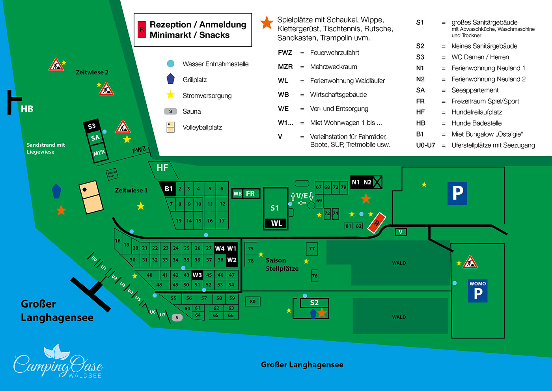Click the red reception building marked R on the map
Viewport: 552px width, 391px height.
coord(377,223)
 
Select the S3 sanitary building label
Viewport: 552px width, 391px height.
coord(91,126)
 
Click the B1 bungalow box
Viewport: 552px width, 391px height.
coord(168,189)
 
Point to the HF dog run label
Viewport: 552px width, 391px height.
coord(162,168)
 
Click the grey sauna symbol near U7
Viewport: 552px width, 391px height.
coord(177,318)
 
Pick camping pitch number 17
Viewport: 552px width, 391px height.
coord(222,221)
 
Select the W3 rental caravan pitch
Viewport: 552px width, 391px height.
coord(197,275)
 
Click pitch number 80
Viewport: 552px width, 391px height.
coord(252,302)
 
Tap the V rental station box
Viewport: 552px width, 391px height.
coord(401,232)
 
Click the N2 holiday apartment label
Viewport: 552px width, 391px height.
coord(367,182)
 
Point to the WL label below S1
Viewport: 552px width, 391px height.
coord(276,223)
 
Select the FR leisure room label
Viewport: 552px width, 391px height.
coord(250,194)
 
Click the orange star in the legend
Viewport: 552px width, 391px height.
coord(267,23)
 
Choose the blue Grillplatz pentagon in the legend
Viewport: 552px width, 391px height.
coord(170,79)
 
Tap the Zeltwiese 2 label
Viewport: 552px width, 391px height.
coord(92,72)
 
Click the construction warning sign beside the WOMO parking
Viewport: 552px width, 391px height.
coord(470,262)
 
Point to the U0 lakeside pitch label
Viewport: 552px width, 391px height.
coord(94,259)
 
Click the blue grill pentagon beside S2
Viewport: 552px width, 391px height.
coord(313,314)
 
